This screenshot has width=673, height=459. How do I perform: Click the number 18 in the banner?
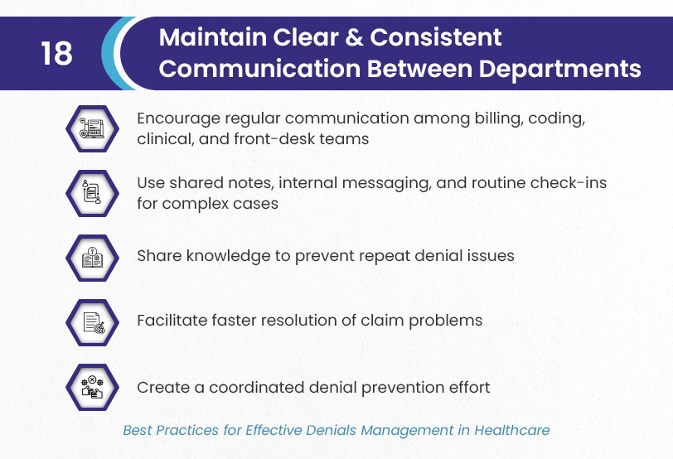56,54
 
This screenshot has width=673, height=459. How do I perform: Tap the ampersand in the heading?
354,37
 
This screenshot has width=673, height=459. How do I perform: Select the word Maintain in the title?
212,37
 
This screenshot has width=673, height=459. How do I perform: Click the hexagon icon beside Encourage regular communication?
92,128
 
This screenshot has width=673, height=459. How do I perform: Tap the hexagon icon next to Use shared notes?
92,194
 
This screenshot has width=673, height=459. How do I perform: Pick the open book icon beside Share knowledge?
92,258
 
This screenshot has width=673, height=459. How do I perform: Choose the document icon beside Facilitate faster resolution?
92,322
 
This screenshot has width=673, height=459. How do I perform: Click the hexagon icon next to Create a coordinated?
92,388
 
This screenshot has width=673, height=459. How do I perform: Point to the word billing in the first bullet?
499,118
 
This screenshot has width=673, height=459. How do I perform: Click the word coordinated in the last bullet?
257,388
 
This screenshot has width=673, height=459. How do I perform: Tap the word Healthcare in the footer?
511,430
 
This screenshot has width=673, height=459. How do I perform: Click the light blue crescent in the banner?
114,54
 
